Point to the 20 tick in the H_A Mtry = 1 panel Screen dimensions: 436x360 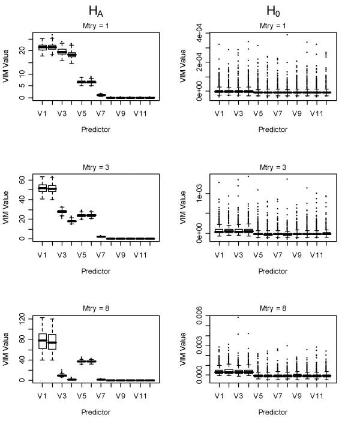tap(22, 51)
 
